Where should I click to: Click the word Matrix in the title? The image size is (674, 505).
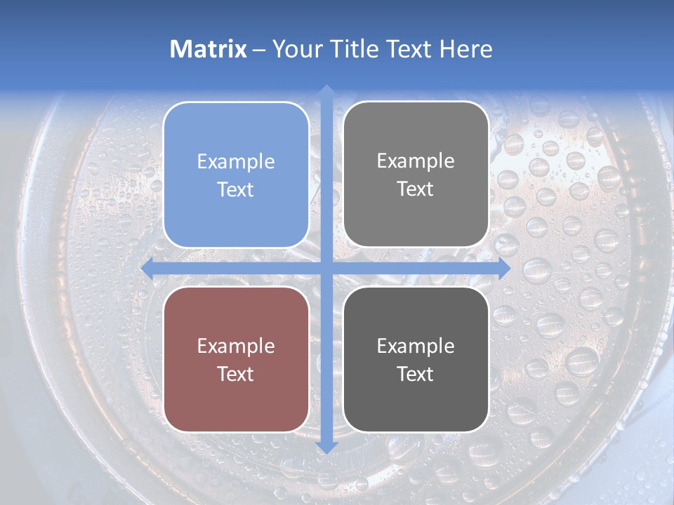[208, 49]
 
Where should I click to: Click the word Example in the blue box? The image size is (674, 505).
[236, 162]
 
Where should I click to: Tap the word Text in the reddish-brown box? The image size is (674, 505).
[236, 374]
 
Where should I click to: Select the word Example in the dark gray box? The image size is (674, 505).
[416, 346]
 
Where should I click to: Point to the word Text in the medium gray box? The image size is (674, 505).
[416, 189]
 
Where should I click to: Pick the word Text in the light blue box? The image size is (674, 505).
[236, 190]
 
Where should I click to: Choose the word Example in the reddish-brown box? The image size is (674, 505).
[236, 346]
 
